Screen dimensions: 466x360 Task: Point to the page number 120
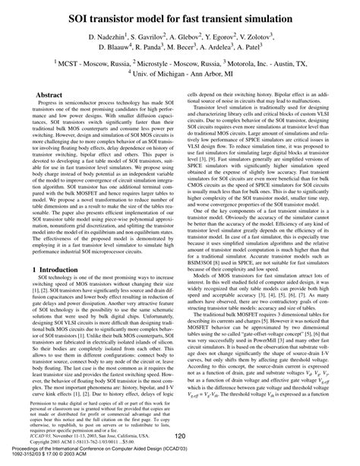181,435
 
